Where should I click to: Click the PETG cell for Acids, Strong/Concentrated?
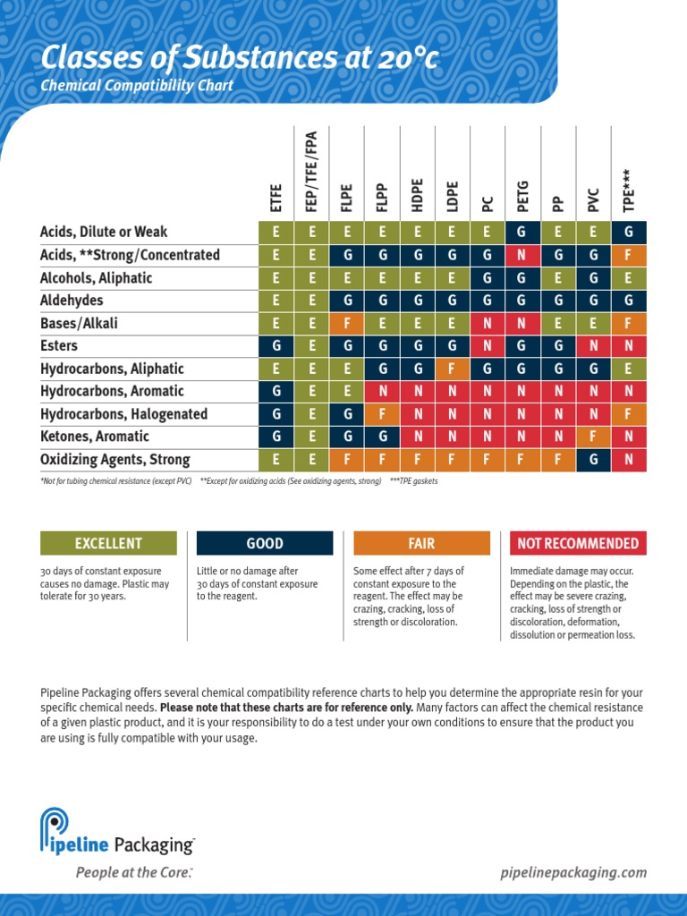click(522, 255)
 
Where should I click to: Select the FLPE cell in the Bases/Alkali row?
click(346, 323)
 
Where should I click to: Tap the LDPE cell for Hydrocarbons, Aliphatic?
click(452, 369)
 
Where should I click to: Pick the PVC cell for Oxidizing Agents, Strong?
click(593, 460)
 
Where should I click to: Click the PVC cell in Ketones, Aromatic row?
click(593, 437)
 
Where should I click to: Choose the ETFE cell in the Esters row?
click(276, 346)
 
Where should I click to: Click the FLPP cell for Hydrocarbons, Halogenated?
click(382, 414)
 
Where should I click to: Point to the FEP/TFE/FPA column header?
click(311, 174)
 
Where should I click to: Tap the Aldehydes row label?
click(72, 301)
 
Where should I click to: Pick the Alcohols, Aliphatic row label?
click(96, 278)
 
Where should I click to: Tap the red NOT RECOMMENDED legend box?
click(578, 543)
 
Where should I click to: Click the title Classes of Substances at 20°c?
click(240, 59)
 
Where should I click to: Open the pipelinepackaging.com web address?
click(572, 873)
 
